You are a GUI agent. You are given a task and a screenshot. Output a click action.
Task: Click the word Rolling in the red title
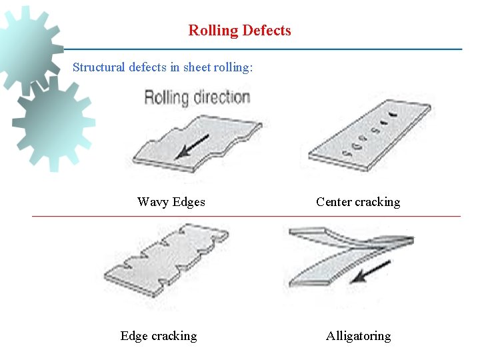point(213,31)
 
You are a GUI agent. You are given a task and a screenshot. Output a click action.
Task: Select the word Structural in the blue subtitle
point(97,67)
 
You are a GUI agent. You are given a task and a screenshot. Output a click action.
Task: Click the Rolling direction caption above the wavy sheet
point(197,98)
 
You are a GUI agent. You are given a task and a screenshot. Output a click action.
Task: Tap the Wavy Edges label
point(171,202)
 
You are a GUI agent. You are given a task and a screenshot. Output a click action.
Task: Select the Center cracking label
point(358,202)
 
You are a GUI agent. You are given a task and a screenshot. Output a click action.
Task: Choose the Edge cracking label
point(159,336)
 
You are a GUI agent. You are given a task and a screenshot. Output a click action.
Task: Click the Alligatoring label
point(358,336)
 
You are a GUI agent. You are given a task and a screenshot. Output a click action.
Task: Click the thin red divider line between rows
point(247,217)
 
